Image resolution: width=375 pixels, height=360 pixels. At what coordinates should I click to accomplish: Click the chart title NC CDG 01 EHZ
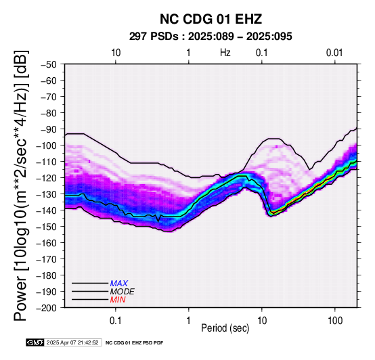coord(211,19)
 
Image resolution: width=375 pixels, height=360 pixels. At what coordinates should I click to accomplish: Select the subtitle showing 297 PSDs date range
coord(211,37)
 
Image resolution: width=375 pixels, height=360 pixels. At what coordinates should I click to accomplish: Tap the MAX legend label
coord(119,284)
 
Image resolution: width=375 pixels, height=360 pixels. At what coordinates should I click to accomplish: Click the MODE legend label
coord(123,292)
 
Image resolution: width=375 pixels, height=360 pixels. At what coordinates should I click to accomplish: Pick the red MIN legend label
coord(118,300)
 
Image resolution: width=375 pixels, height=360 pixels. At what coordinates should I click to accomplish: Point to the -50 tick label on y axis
coord(49,64)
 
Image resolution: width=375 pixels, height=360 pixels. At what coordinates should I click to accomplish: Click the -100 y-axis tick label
coord(47,145)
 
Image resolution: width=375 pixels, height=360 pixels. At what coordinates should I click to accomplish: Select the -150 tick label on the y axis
coord(47,227)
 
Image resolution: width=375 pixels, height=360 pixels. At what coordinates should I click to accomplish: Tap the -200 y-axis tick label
coord(47,308)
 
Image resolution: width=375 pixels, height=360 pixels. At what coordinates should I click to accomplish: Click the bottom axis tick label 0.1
coord(116,321)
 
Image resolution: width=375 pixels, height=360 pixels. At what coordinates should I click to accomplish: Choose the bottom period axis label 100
coord(335,321)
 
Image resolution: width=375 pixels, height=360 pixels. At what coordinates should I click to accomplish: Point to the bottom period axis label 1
coord(189,321)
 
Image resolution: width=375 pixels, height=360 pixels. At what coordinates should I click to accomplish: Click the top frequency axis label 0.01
coord(334,53)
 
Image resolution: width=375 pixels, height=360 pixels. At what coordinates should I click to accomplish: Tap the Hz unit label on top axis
coord(225,53)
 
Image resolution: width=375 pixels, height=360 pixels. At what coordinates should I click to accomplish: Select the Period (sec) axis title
coord(225,328)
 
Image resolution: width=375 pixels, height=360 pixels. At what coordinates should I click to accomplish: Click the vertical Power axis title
coord(21,185)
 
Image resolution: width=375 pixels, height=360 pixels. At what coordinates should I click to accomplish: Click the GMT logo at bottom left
coord(35,342)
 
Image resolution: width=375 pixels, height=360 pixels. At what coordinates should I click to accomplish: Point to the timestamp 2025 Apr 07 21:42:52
coord(72,342)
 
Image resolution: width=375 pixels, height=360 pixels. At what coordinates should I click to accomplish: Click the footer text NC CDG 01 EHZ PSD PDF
coord(134,343)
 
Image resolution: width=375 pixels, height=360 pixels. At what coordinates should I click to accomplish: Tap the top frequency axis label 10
coord(116,53)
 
